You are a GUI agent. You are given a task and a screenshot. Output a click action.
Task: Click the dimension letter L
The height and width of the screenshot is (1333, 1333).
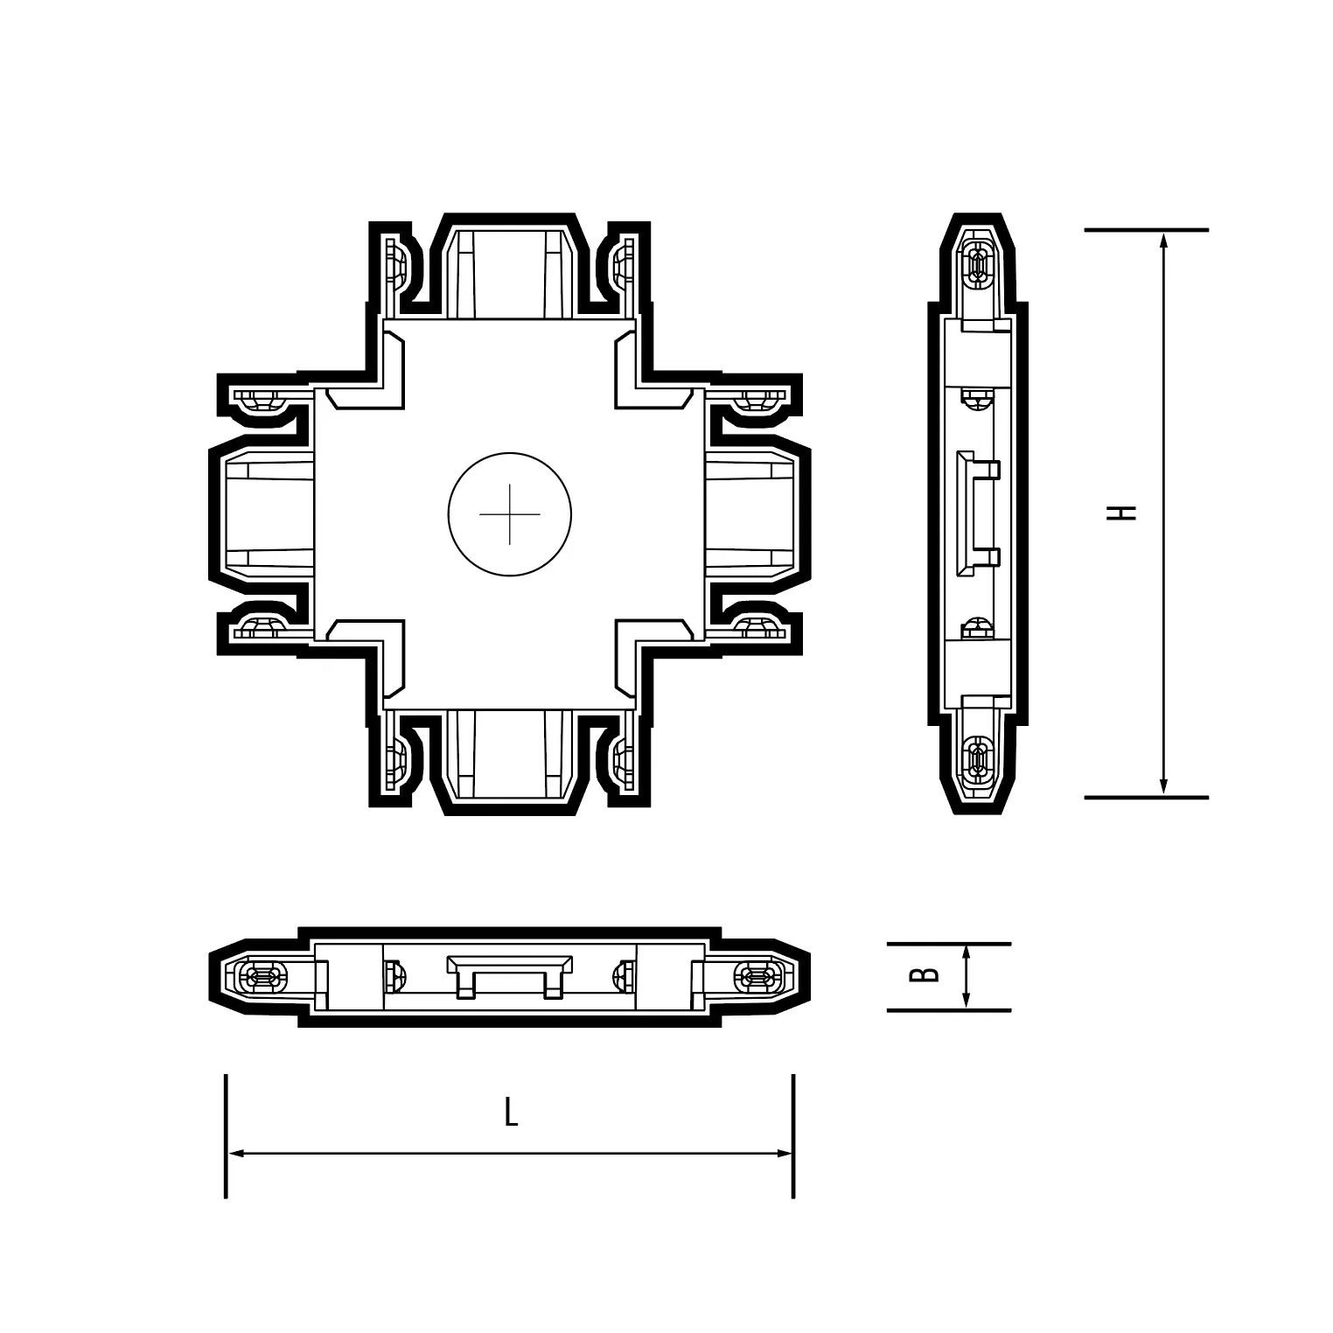click(512, 1113)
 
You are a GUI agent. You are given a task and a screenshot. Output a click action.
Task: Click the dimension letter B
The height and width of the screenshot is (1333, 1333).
click(925, 974)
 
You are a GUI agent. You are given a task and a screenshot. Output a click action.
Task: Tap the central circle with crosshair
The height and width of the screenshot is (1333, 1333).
click(510, 514)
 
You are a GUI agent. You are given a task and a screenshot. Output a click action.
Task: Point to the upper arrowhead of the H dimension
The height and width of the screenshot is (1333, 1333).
click(1163, 242)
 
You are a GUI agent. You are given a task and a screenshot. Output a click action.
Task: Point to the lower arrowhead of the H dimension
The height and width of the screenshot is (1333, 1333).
click(1163, 785)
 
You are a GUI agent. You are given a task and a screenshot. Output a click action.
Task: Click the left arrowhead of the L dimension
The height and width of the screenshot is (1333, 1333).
click(239, 1154)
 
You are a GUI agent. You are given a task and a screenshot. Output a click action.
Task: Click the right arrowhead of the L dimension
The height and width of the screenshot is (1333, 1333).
click(781, 1154)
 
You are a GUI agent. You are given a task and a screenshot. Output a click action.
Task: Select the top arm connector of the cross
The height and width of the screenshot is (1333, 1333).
click(510, 268)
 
